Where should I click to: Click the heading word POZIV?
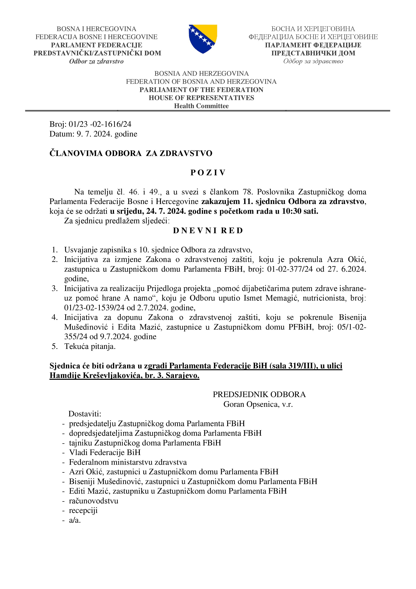point(208,173)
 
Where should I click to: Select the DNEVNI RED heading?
point(208,231)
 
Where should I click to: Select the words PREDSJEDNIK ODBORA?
point(259,395)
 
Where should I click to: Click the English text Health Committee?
point(201,106)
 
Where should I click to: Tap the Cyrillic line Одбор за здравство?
point(313,61)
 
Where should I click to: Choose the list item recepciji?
point(83,510)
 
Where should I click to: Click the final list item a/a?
point(75,520)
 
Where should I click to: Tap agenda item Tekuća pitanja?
point(90,347)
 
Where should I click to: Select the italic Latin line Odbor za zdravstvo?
point(96,61)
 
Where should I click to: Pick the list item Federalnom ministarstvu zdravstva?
point(128,462)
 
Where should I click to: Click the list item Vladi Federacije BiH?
point(105,452)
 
